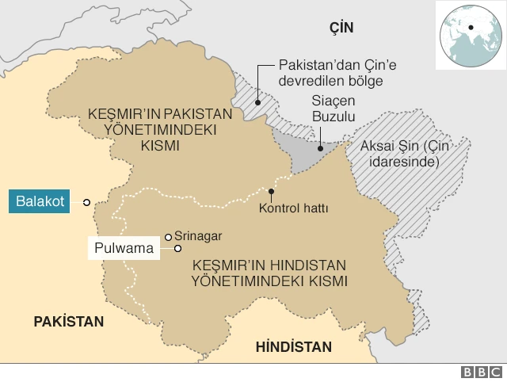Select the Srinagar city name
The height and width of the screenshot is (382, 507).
(198, 236)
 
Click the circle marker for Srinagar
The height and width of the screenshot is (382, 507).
(168, 236)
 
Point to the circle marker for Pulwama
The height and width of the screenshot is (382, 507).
(177, 249)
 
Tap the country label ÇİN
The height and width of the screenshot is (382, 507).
(341, 28)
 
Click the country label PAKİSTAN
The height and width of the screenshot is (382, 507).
(68, 321)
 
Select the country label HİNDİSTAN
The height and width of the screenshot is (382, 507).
(293, 347)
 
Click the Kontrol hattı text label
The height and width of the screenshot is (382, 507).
(293, 209)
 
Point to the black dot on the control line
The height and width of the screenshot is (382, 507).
(272, 191)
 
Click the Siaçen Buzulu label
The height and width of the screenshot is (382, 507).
(330, 109)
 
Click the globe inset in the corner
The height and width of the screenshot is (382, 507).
(470, 29)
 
